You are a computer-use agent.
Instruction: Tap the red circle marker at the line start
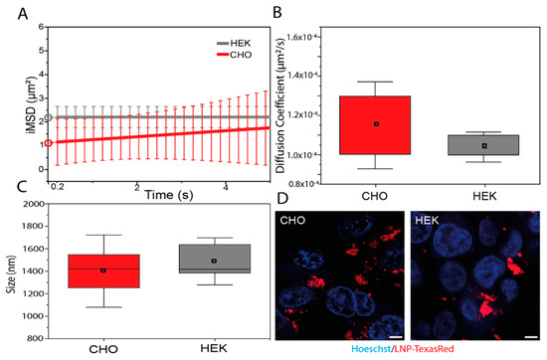point(49,143)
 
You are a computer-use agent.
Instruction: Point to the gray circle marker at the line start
point(49,117)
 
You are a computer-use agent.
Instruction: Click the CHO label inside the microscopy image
point(295,221)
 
